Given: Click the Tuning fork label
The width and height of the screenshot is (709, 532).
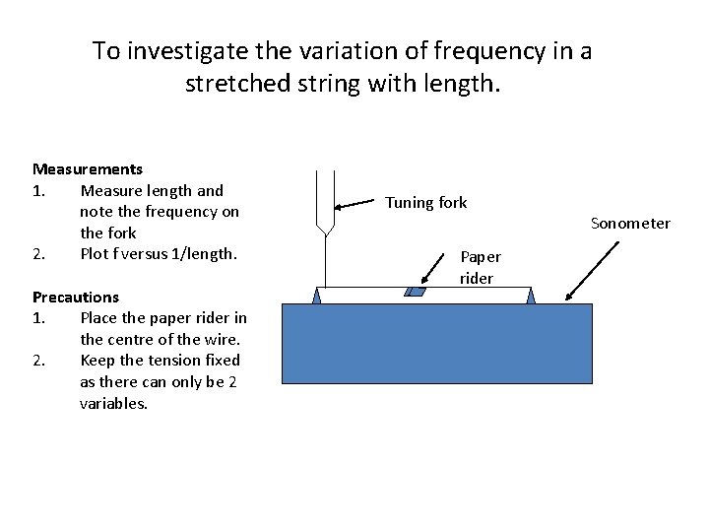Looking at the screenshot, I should [425, 203].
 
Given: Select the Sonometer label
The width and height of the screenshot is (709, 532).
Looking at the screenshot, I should [630, 224].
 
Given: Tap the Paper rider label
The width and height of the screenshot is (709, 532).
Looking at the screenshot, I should [480, 267].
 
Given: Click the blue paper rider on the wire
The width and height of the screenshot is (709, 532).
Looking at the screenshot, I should [417, 292].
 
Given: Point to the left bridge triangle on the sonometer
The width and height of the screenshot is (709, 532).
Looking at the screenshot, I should [318, 296].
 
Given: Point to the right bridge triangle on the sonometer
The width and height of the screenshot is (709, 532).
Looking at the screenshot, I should [530, 296].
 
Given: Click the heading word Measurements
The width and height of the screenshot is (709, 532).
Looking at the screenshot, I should [88, 169].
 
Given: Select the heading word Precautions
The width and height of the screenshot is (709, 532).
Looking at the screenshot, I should [76, 297].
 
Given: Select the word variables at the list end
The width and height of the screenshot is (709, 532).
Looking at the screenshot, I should [113, 403].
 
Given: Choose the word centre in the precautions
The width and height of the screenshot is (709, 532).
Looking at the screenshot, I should [130, 340].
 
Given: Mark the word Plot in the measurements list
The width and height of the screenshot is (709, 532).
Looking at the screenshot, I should [96, 254].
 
